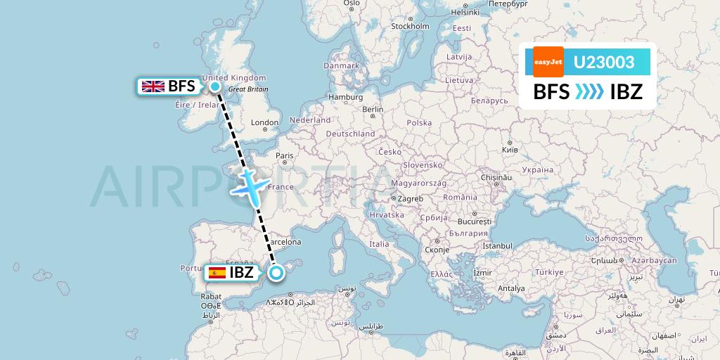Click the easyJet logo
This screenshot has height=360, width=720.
tap(548, 62)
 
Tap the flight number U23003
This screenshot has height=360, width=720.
tap(604, 63)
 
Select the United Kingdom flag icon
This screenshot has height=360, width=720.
tap(153, 86)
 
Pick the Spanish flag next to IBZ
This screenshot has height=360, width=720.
tap(217, 273)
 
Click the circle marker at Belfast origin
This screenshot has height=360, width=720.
tap(214, 86)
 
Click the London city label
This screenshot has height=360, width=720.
tap(264, 122)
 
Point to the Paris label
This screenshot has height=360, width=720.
tap(284, 156)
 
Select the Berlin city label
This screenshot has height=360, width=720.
tap(373, 110)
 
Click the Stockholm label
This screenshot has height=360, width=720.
tap(409, 27)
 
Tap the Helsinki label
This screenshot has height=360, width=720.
tap(464, 12)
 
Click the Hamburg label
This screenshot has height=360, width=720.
tap(345, 97)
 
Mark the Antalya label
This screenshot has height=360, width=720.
tap(510, 288)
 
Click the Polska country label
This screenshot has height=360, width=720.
tap(419, 122)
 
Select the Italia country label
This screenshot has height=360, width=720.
tap(380, 244)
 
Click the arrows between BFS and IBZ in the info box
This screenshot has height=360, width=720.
tap(589, 91)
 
